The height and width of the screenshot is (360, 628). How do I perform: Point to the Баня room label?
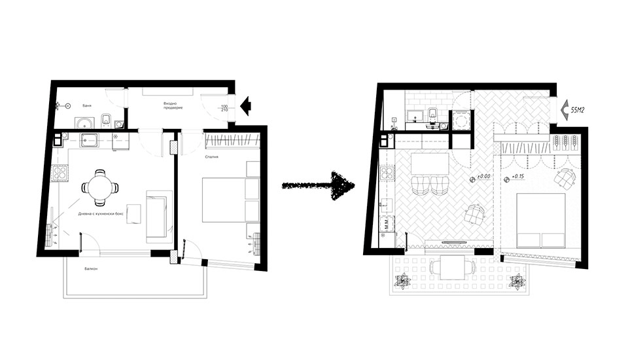pos(86,105)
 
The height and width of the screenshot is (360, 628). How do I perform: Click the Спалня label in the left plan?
pos(210,158)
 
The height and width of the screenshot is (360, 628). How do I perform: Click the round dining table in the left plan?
pos(99,187)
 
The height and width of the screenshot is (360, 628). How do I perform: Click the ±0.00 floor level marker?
pos(483,178)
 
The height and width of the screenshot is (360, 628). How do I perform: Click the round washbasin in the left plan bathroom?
pos(82,123)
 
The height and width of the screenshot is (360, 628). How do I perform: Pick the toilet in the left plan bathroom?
pos(105,120)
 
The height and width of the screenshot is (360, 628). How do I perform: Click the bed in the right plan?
pos(541,219)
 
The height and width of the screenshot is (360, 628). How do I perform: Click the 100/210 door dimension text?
pos(224,109)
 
